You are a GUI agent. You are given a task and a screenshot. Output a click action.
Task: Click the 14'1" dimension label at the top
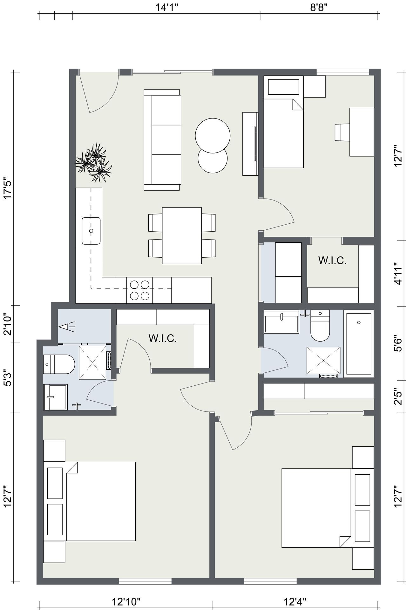coord(167,7)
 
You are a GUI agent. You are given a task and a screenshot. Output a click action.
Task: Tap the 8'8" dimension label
coord(319,7)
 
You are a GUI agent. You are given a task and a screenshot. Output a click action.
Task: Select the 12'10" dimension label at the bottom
coord(126,601)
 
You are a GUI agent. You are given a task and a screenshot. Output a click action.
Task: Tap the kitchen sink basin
coord(91,231)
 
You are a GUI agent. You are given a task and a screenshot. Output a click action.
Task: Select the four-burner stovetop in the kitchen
coord(139,290)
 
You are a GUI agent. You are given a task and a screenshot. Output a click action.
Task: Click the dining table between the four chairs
coord(182,235)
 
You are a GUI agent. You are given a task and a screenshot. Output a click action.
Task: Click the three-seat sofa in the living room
coord(162,140)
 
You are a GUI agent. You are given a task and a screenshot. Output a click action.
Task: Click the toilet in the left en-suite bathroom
coord(59,364)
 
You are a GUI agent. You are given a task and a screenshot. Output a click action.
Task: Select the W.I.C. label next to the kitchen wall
coord(162,338)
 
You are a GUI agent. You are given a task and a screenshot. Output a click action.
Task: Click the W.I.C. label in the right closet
coord(332,261)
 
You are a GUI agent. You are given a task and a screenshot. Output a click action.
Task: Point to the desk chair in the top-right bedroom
coord(342,132)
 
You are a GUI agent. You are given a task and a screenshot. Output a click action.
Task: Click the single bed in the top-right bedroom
coord(283,133)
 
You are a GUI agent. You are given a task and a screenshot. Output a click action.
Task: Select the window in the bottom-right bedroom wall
coord(270,581)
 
